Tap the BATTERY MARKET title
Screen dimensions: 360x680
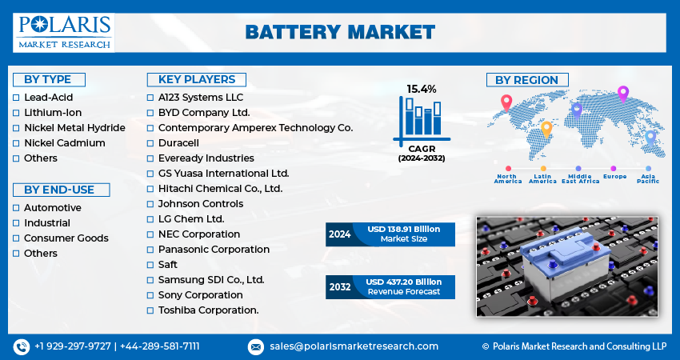(x=340, y=32)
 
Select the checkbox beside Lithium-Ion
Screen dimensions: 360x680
(x=17, y=113)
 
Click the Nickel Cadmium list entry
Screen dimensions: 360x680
(x=64, y=143)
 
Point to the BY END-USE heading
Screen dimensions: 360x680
(x=59, y=190)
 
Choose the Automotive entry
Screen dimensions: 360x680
(x=52, y=207)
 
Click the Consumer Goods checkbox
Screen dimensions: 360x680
(x=17, y=238)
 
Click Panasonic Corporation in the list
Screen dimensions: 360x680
(x=214, y=250)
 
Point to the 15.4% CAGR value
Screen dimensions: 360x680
(x=421, y=89)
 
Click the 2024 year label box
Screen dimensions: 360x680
(x=339, y=234)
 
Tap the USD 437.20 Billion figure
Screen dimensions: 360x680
(x=403, y=282)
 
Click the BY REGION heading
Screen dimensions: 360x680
(x=527, y=80)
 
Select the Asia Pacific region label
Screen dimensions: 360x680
(x=649, y=178)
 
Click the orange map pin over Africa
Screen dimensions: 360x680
(x=547, y=128)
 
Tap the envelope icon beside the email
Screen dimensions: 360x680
(x=256, y=346)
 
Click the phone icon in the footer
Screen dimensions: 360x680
(x=21, y=346)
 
